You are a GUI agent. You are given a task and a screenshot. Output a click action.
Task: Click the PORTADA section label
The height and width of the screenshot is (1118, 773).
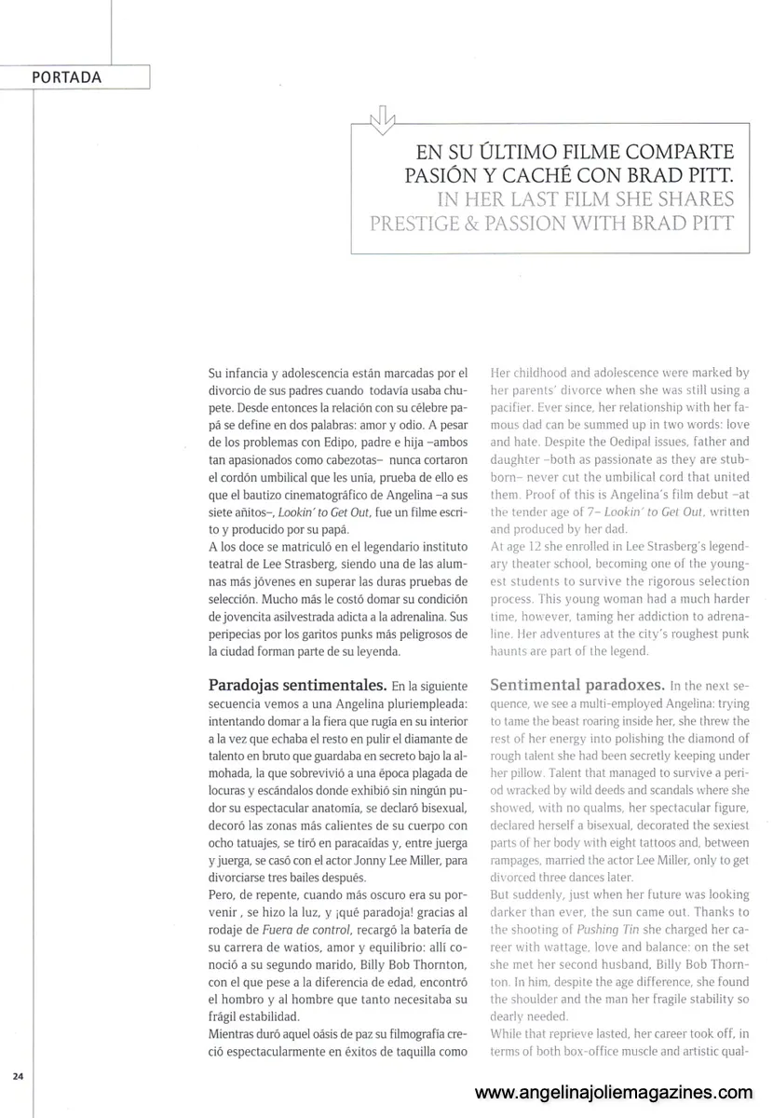66,77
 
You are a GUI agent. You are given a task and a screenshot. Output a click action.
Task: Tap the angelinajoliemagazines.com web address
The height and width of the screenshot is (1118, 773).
614,1092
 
